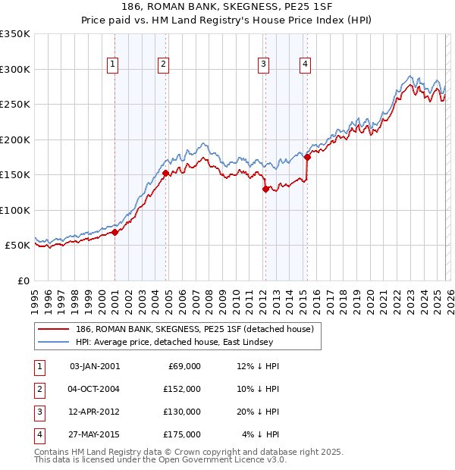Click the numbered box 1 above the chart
[112, 64]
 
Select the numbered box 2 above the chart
[163, 64]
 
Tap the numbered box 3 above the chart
[263, 64]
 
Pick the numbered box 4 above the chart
[305, 64]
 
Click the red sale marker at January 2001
[115, 233]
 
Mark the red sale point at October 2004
[165, 174]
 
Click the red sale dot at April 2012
[265, 190]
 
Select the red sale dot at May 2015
[307, 158]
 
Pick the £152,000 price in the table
[182, 388]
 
